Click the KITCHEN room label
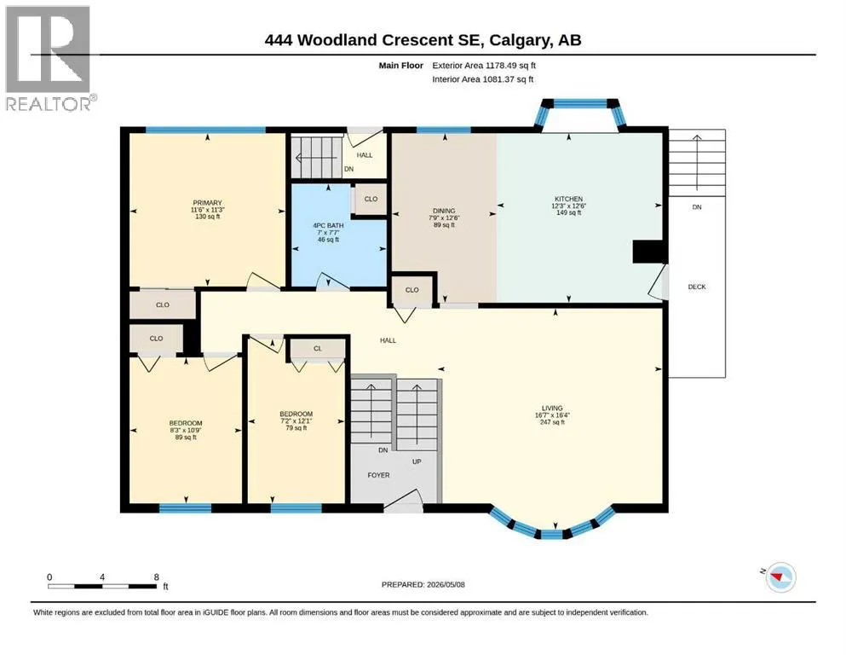coord(568,199)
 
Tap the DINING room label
coord(444,211)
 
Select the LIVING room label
coord(552,409)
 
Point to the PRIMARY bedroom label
coord(207,203)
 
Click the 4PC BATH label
coord(328,226)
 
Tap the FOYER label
coord(378,475)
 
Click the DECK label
coord(697,287)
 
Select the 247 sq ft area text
coord(552,422)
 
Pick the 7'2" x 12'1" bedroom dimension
coord(296,420)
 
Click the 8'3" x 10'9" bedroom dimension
coord(186,431)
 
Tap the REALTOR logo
coord(48,58)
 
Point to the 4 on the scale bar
coord(102,577)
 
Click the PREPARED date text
coord(423,584)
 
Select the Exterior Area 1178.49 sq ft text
coord(484,66)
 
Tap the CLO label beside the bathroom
coord(371,199)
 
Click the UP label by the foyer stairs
coord(417,461)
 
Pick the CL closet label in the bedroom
coord(317,348)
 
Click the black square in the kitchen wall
coord(648,252)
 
